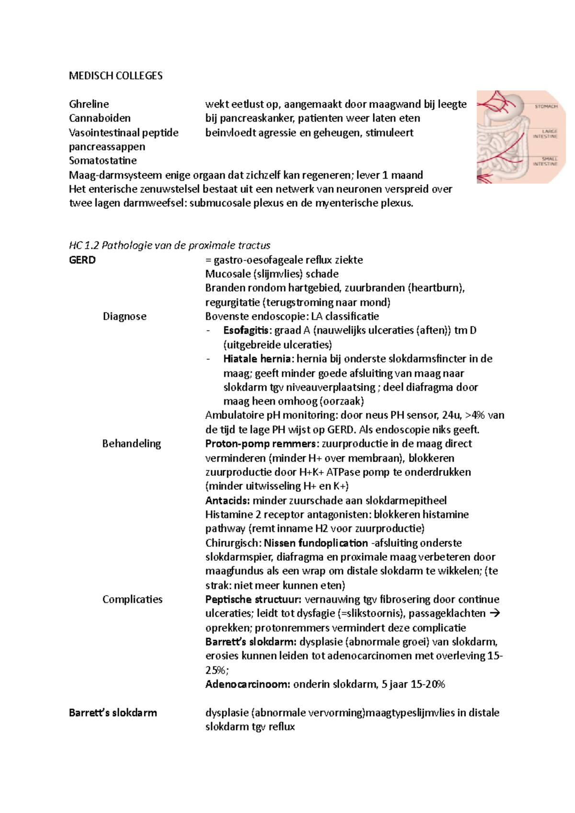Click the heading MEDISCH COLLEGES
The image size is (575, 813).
pyautogui.click(x=115, y=76)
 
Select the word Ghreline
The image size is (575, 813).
pyautogui.click(x=89, y=104)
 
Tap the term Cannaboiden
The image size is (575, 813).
pyautogui.click(x=100, y=118)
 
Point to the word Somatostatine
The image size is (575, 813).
pyautogui.click(x=103, y=160)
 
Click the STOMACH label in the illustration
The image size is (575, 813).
pyautogui.click(x=546, y=106)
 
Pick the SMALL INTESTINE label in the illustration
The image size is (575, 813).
pyautogui.click(x=546, y=161)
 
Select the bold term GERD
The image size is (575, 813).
pyautogui.click(x=82, y=260)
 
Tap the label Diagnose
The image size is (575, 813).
pyautogui.click(x=125, y=316)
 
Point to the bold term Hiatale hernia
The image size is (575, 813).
pyautogui.click(x=257, y=359)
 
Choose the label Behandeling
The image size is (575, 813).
pyautogui.click(x=131, y=443)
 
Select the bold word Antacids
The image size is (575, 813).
pyautogui.click(x=227, y=500)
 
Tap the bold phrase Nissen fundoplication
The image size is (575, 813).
pyautogui.click(x=316, y=543)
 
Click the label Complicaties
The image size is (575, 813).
pyautogui.click(x=132, y=599)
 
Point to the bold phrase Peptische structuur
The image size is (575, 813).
pyautogui.click(x=253, y=599)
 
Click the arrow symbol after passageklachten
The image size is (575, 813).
pyautogui.click(x=496, y=613)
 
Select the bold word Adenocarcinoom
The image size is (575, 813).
pyautogui.click(x=247, y=684)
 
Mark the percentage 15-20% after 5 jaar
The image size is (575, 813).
pyautogui.click(x=428, y=684)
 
